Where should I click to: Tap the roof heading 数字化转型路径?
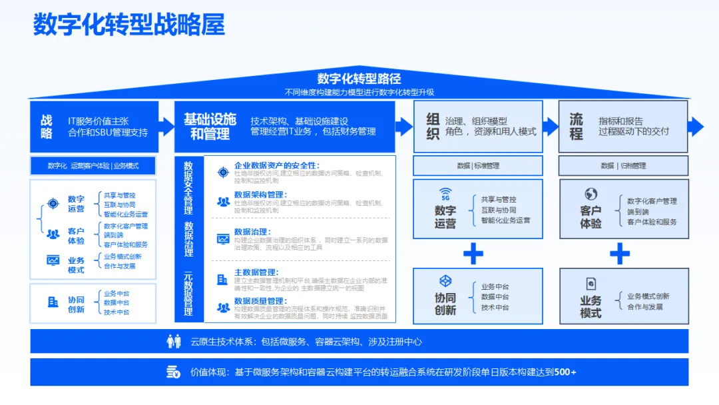coord(359,79)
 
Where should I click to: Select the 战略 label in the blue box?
coord(47,127)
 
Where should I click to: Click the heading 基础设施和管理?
coord(210,127)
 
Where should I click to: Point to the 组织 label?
coord(433,127)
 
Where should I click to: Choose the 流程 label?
coord(577,127)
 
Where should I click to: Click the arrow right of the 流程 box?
coord(696,126)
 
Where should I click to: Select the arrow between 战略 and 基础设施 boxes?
coord(166,126)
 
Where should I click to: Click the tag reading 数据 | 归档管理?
coord(623,166)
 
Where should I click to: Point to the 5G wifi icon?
coord(445,195)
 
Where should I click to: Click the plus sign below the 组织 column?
coord(473,253)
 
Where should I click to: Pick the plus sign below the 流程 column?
coord(620,253)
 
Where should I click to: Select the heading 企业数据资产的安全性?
coord(277,165)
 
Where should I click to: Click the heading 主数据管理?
coord(256,272)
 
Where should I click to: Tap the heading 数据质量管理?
coord(260,301)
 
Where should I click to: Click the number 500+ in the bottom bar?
coord(565,372)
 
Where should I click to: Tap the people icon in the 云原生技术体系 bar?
coord(174,342)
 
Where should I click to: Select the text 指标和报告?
coord(620,121)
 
